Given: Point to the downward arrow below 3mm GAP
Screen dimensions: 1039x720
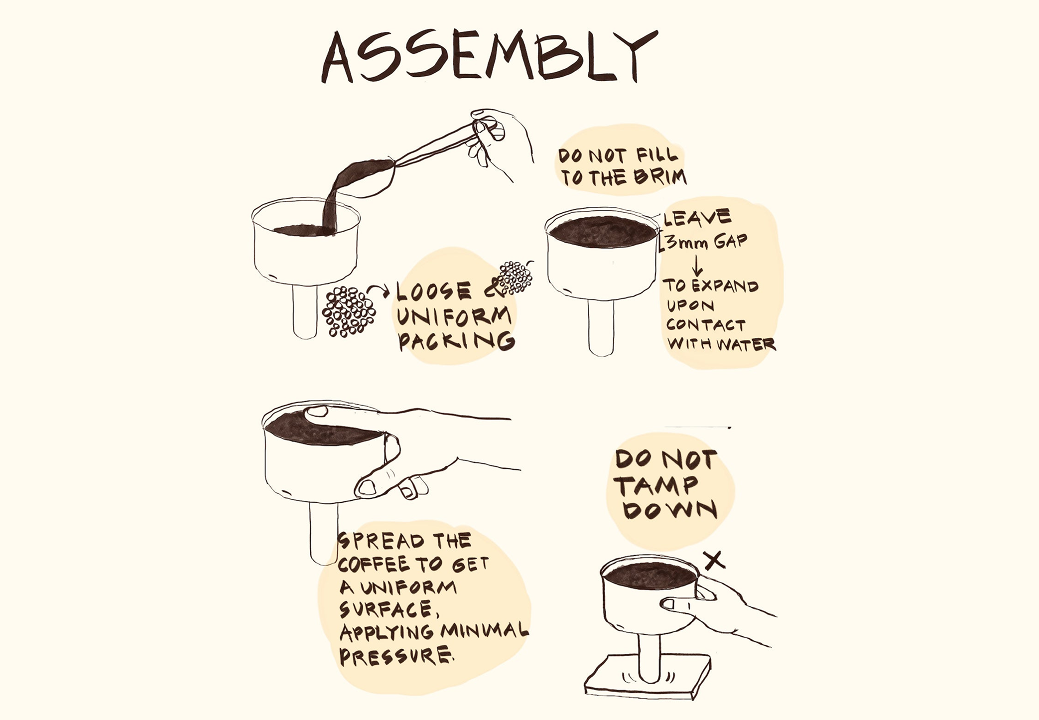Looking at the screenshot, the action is pos(697,264).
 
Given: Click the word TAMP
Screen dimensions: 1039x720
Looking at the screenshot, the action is pos(655,485).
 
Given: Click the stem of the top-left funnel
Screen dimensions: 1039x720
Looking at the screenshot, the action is pos(304,311).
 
